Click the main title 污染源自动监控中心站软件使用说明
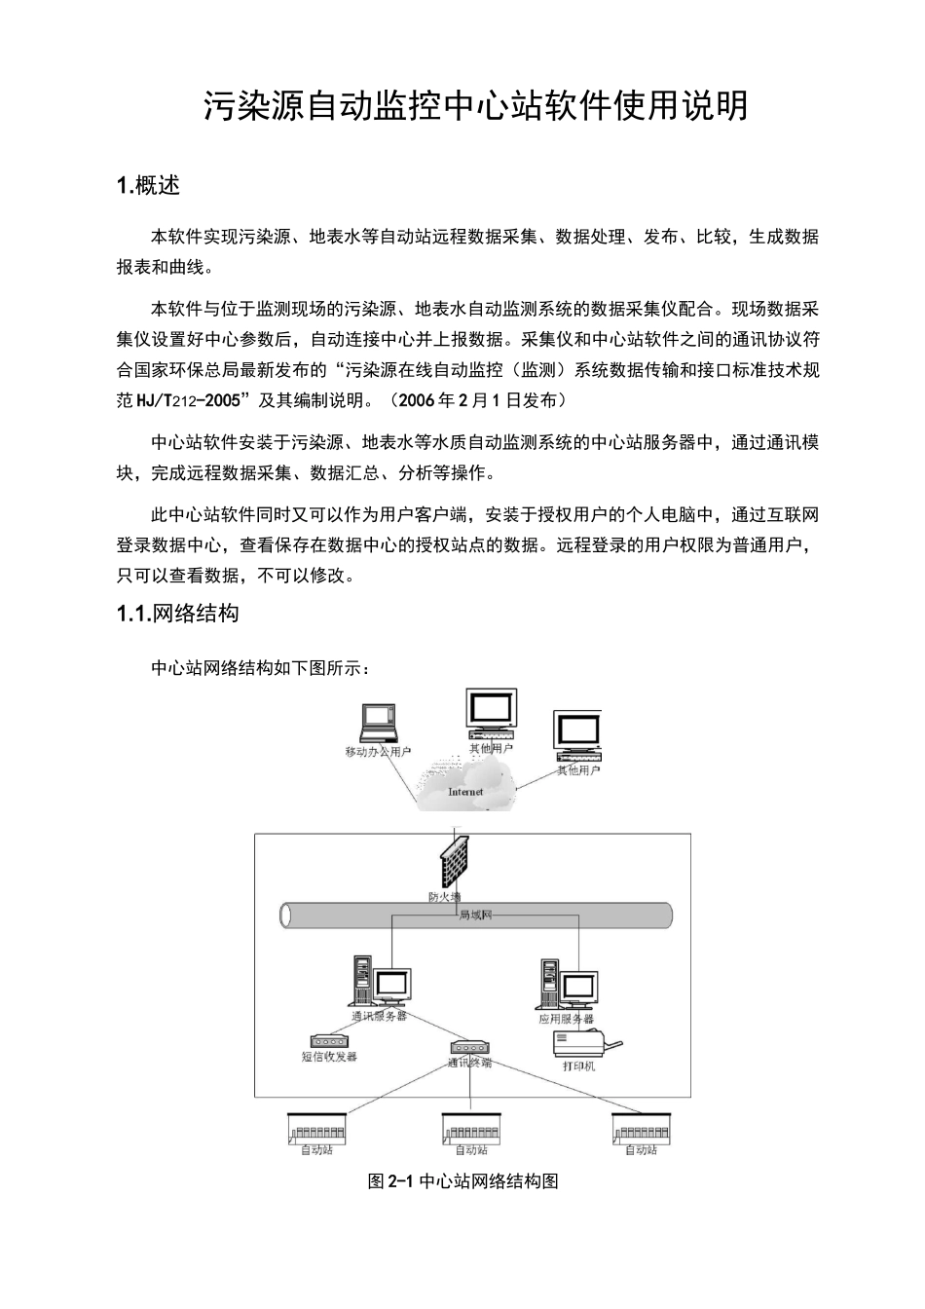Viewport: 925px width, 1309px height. [x=475, y=106]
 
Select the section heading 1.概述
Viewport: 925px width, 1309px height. [x=148, y=185]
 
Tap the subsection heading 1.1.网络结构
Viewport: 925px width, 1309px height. [x=177, y=614]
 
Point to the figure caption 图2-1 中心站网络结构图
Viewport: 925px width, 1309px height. [x=462, y=1181]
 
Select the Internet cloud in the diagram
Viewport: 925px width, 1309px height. [x=465, y=784]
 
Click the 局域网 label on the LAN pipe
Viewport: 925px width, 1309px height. [x=475, y=916]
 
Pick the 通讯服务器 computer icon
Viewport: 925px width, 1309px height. [x=380, y=983]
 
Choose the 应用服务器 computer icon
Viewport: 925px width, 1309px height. [x=567, y=985]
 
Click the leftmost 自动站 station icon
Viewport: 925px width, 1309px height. [x=317, y=1127]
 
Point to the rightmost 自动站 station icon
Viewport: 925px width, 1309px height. [x=642, y=1127]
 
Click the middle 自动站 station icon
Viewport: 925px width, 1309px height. [x=471, y=1128]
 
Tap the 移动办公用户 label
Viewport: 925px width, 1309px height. [x=379, y=752]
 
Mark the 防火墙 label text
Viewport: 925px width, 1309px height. [x=444, y=896]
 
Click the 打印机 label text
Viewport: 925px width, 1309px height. [x=578, y=1066]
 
